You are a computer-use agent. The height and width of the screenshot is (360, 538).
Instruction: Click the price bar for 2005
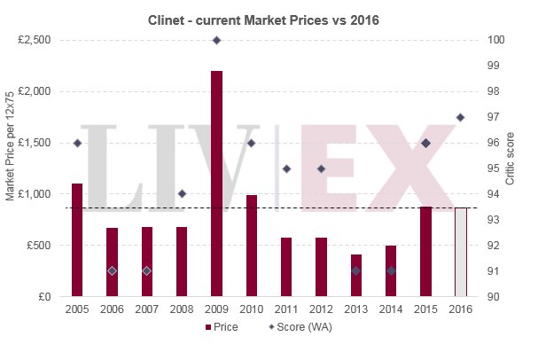point(77,239)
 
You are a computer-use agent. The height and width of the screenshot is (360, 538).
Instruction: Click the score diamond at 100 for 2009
point(216,40)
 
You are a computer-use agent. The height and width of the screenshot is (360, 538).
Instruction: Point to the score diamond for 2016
point(460,117)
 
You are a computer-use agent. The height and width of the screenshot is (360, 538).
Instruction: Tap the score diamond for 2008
point(182,193)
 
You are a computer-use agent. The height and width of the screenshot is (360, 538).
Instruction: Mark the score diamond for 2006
point(112,270)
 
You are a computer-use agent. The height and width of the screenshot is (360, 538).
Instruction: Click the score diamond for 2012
point(321,168)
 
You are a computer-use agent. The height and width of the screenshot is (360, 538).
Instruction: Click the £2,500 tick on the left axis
point(35,40)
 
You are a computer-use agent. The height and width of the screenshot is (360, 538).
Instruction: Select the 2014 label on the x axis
point(390,309)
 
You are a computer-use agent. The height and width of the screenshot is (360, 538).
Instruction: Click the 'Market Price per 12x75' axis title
point(10,168)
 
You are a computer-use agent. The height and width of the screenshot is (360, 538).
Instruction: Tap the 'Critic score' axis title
point(511,168)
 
